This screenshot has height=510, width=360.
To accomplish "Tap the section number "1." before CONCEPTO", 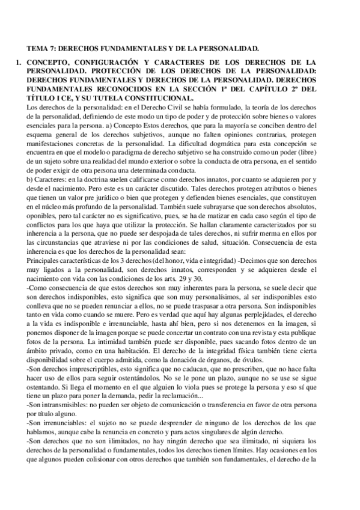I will pyautogui.click(x=19, y=62).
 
